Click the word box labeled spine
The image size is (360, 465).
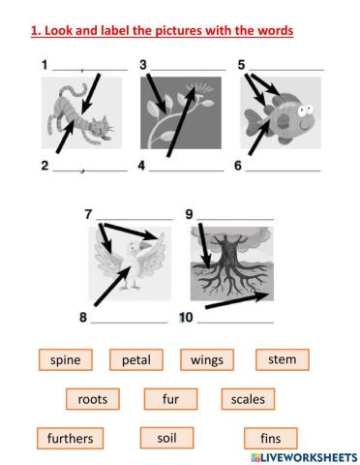[x=66, y=360]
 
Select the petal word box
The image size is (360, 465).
[x=135, y=360]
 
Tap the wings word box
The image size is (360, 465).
[x=207, y=360]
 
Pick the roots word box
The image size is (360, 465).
[x=93, y=398]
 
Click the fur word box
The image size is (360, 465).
[x=170, y=398]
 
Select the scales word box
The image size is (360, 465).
[x=248, y=398]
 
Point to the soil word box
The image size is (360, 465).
[x=166, y=437]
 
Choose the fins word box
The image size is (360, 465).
[x=270, y=438]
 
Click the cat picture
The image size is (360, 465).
[x=81, y=120]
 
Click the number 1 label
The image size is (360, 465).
[x=45, y=65]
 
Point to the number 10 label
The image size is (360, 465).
[x=186, y=317]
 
